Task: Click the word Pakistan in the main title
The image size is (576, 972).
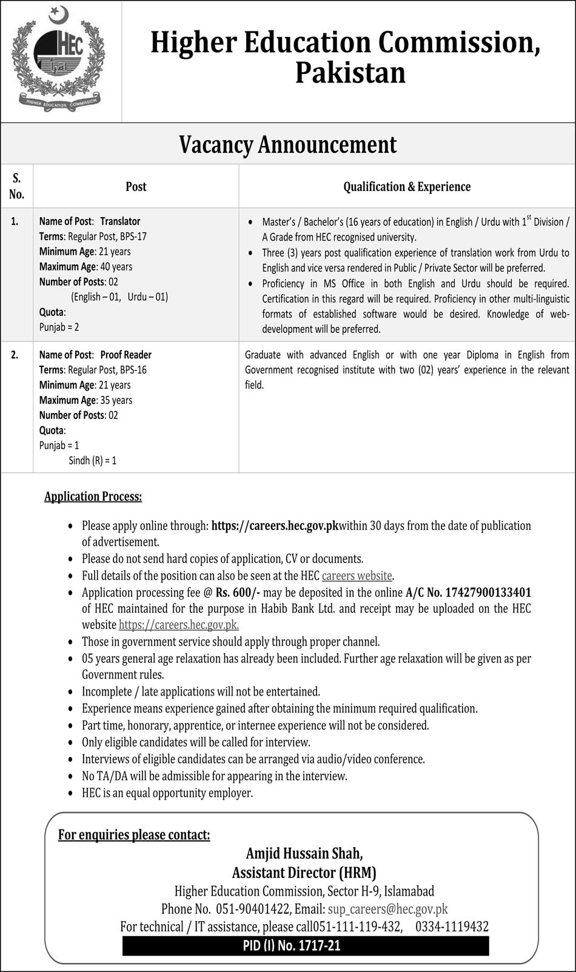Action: pos(350,73)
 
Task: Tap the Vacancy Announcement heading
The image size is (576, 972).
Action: pos(287,145)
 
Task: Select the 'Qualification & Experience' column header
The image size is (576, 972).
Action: pos(407,187)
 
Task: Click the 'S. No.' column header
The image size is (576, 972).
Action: pos(16,186)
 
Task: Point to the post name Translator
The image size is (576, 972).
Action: pos(120,221)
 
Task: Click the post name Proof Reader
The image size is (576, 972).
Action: pos(126,355)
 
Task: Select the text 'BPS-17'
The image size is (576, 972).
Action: pos(133,236)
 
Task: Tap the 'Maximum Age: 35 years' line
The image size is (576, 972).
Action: pos(85,400)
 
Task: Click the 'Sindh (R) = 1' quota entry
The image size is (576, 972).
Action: pos(92,461)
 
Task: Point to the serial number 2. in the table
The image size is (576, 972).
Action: pos(15,355)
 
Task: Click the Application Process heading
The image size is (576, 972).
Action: pos(93,497)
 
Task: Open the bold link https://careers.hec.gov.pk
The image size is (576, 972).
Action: pos(275,526)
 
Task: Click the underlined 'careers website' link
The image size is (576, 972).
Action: pos(357,575)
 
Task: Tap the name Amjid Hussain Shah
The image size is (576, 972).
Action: pos(304,854)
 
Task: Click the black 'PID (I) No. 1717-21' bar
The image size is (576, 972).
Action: pos(306,945)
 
